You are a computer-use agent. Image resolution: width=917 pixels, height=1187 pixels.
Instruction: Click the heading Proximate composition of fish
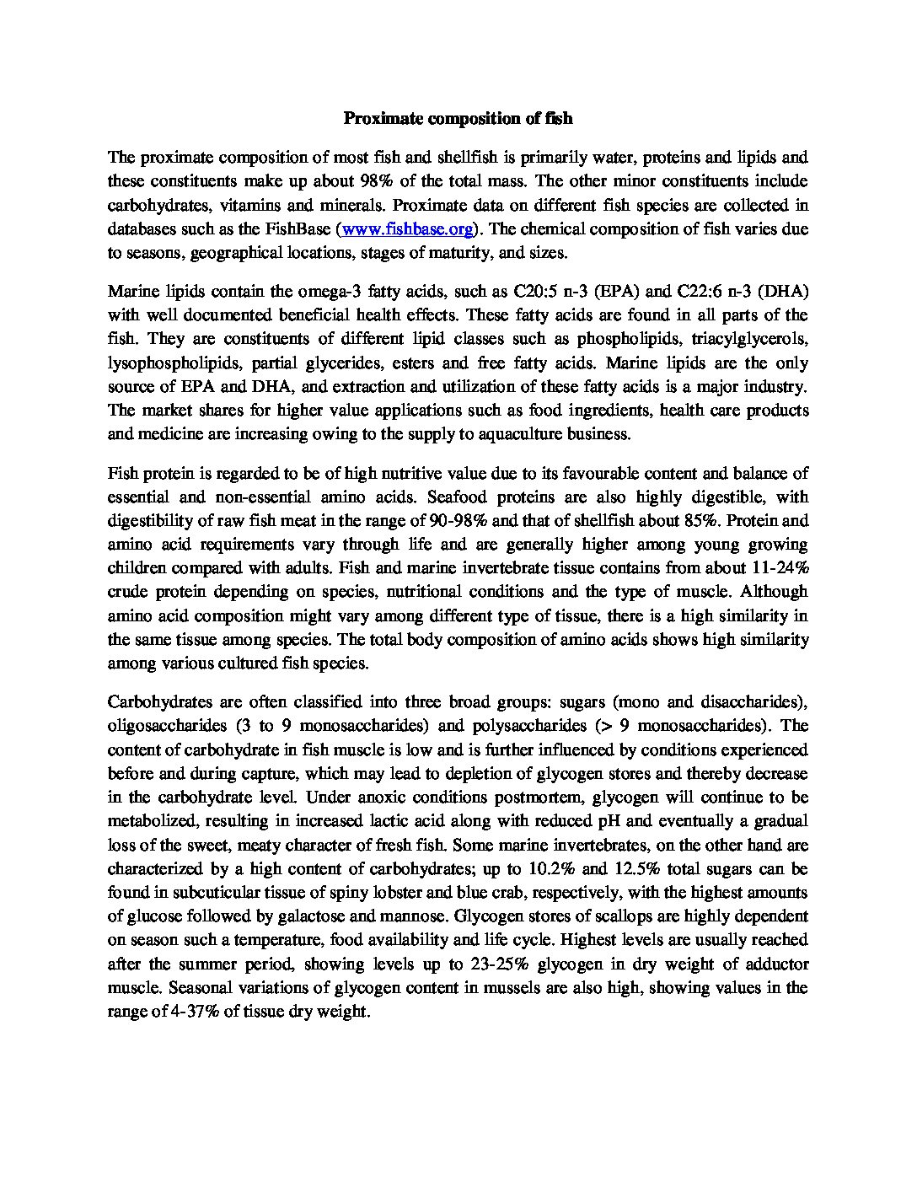coord(458,119)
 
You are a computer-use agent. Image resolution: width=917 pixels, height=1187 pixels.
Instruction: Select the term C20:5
coord(536,292)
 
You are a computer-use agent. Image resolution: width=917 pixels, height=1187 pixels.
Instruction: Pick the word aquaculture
coord(543,434)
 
